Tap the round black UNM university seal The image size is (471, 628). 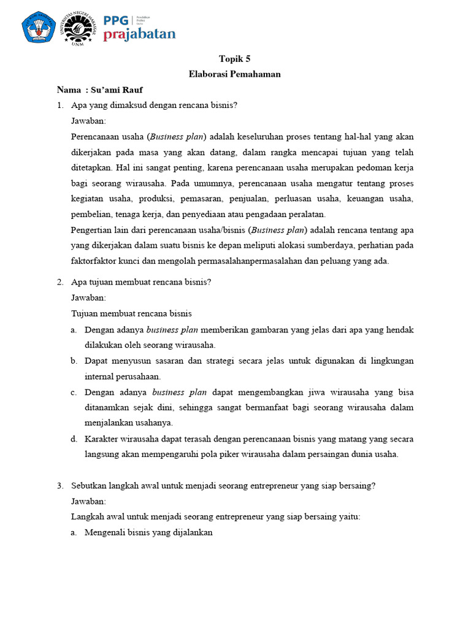click(78, 28)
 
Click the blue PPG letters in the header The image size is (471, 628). click(116, 20)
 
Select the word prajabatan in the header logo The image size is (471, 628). click(139, 34)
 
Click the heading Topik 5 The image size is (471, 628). click(235, 59)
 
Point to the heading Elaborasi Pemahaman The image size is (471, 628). click(235, 74)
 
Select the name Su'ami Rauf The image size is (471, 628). click(122, 90)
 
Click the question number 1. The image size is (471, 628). click(60, 105)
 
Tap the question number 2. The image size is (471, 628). click(60, 282)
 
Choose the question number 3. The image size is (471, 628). click(60, 486)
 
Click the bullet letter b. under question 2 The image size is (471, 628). click(73, 361)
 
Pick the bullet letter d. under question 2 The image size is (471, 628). click(73, 439)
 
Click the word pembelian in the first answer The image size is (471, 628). click(90, 214)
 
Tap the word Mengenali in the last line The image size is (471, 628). click(104, 533)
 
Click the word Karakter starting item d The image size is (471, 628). click(102, 439)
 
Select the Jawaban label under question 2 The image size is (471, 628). click(88, 297)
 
